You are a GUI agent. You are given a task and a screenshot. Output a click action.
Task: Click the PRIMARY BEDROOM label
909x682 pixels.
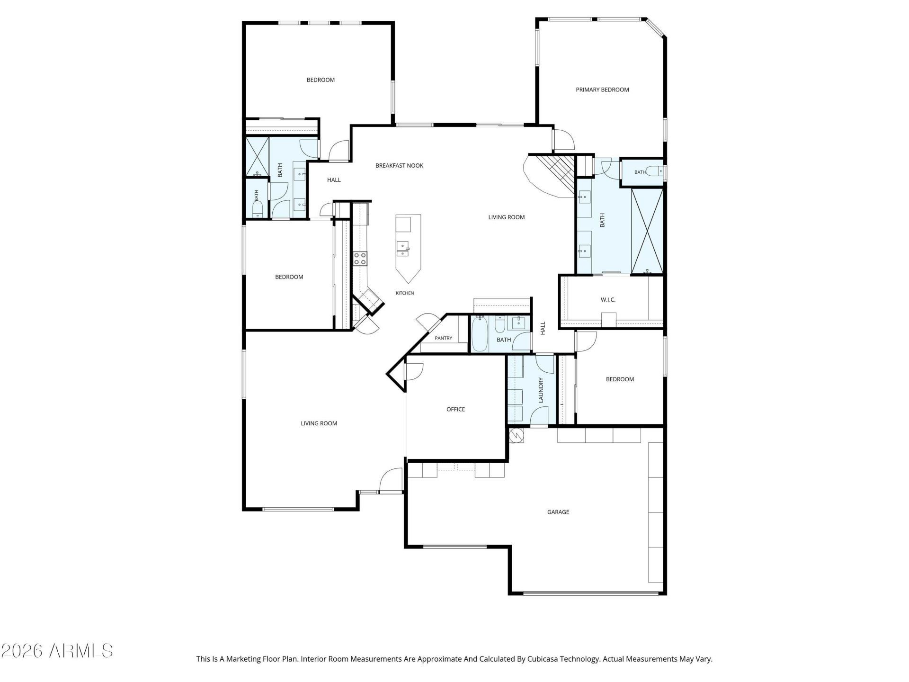tap(602, 90)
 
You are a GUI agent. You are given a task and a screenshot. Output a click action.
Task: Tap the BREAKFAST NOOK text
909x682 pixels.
tap(399, 165)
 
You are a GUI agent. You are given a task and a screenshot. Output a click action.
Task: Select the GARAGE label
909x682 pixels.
tap(558, 512)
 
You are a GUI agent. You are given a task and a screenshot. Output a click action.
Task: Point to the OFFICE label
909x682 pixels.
tap(455, 409)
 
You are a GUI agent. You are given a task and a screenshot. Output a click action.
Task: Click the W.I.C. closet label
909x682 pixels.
tap(608, 300)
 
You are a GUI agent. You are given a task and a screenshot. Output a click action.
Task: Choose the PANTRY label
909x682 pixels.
tap(444, 338)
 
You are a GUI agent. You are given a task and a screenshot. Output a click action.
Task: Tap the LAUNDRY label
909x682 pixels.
tap(541, 390)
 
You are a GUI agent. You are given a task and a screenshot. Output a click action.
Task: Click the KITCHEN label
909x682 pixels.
tap(405, 293)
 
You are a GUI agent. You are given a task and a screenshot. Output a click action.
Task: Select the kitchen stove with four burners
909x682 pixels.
tap(360, 259)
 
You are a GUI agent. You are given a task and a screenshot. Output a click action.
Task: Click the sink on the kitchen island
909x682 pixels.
tap(403, 248)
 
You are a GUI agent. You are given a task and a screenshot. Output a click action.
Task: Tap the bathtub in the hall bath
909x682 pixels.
tap(480, 333)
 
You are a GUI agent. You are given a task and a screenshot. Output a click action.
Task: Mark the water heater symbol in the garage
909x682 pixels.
tap(517, 435)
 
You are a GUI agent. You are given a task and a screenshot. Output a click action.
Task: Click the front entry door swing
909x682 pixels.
tap(391, 480)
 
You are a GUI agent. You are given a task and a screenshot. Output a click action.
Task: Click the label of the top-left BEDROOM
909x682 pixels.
tap(321, 80)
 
